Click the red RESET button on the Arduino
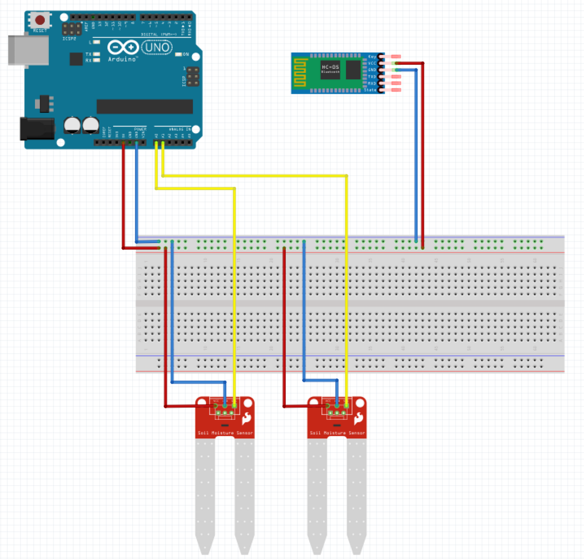[x=40, y=20]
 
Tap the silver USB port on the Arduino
[x=28, y=50]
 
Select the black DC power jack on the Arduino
[x=37, y=129]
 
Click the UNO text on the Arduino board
[x=157, y=48]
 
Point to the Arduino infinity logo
[x=123, y=48]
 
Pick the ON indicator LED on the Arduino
[x=178, y=55]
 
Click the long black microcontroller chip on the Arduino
[x=144, y=106]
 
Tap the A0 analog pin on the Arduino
[x=156, y=142]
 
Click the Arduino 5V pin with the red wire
[x=123, y=142]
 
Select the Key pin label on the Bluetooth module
[x=372, y=56]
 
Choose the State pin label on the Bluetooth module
[x=370, y=90]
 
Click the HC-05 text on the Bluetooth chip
[x=330, y=68]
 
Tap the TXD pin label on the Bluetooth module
[x=372, y=76]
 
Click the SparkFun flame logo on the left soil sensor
[x=246, y=418]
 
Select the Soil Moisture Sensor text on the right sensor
[x=337, y=433]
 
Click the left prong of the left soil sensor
[x=205, y=494]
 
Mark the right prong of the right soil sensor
[x=357, y=494]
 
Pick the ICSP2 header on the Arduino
[x=71, y=29]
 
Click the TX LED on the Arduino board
[x=96, y=55]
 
